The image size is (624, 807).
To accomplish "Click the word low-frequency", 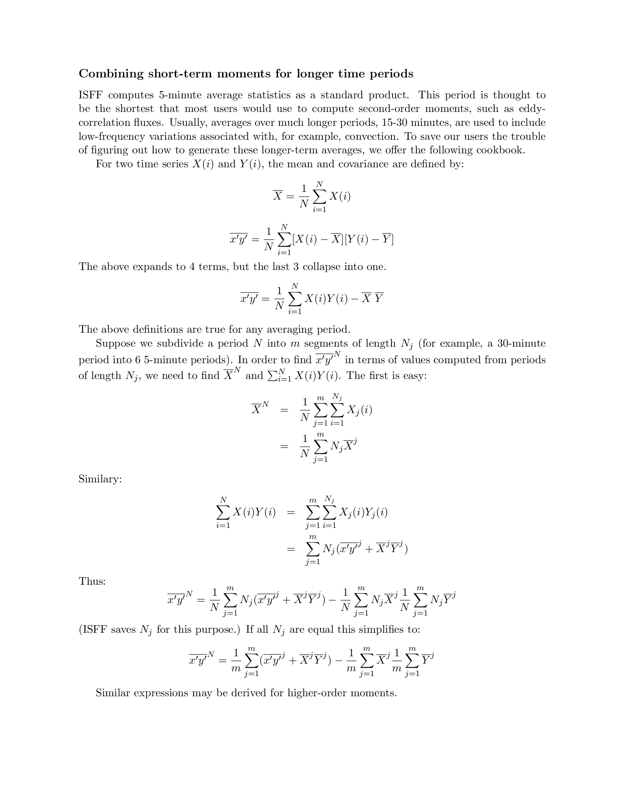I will [x=112, y=136].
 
